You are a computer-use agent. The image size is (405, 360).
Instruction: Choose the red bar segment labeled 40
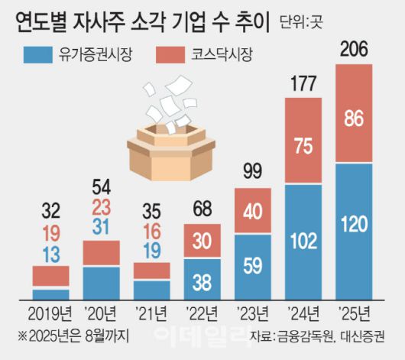click(x=253, y=210)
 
